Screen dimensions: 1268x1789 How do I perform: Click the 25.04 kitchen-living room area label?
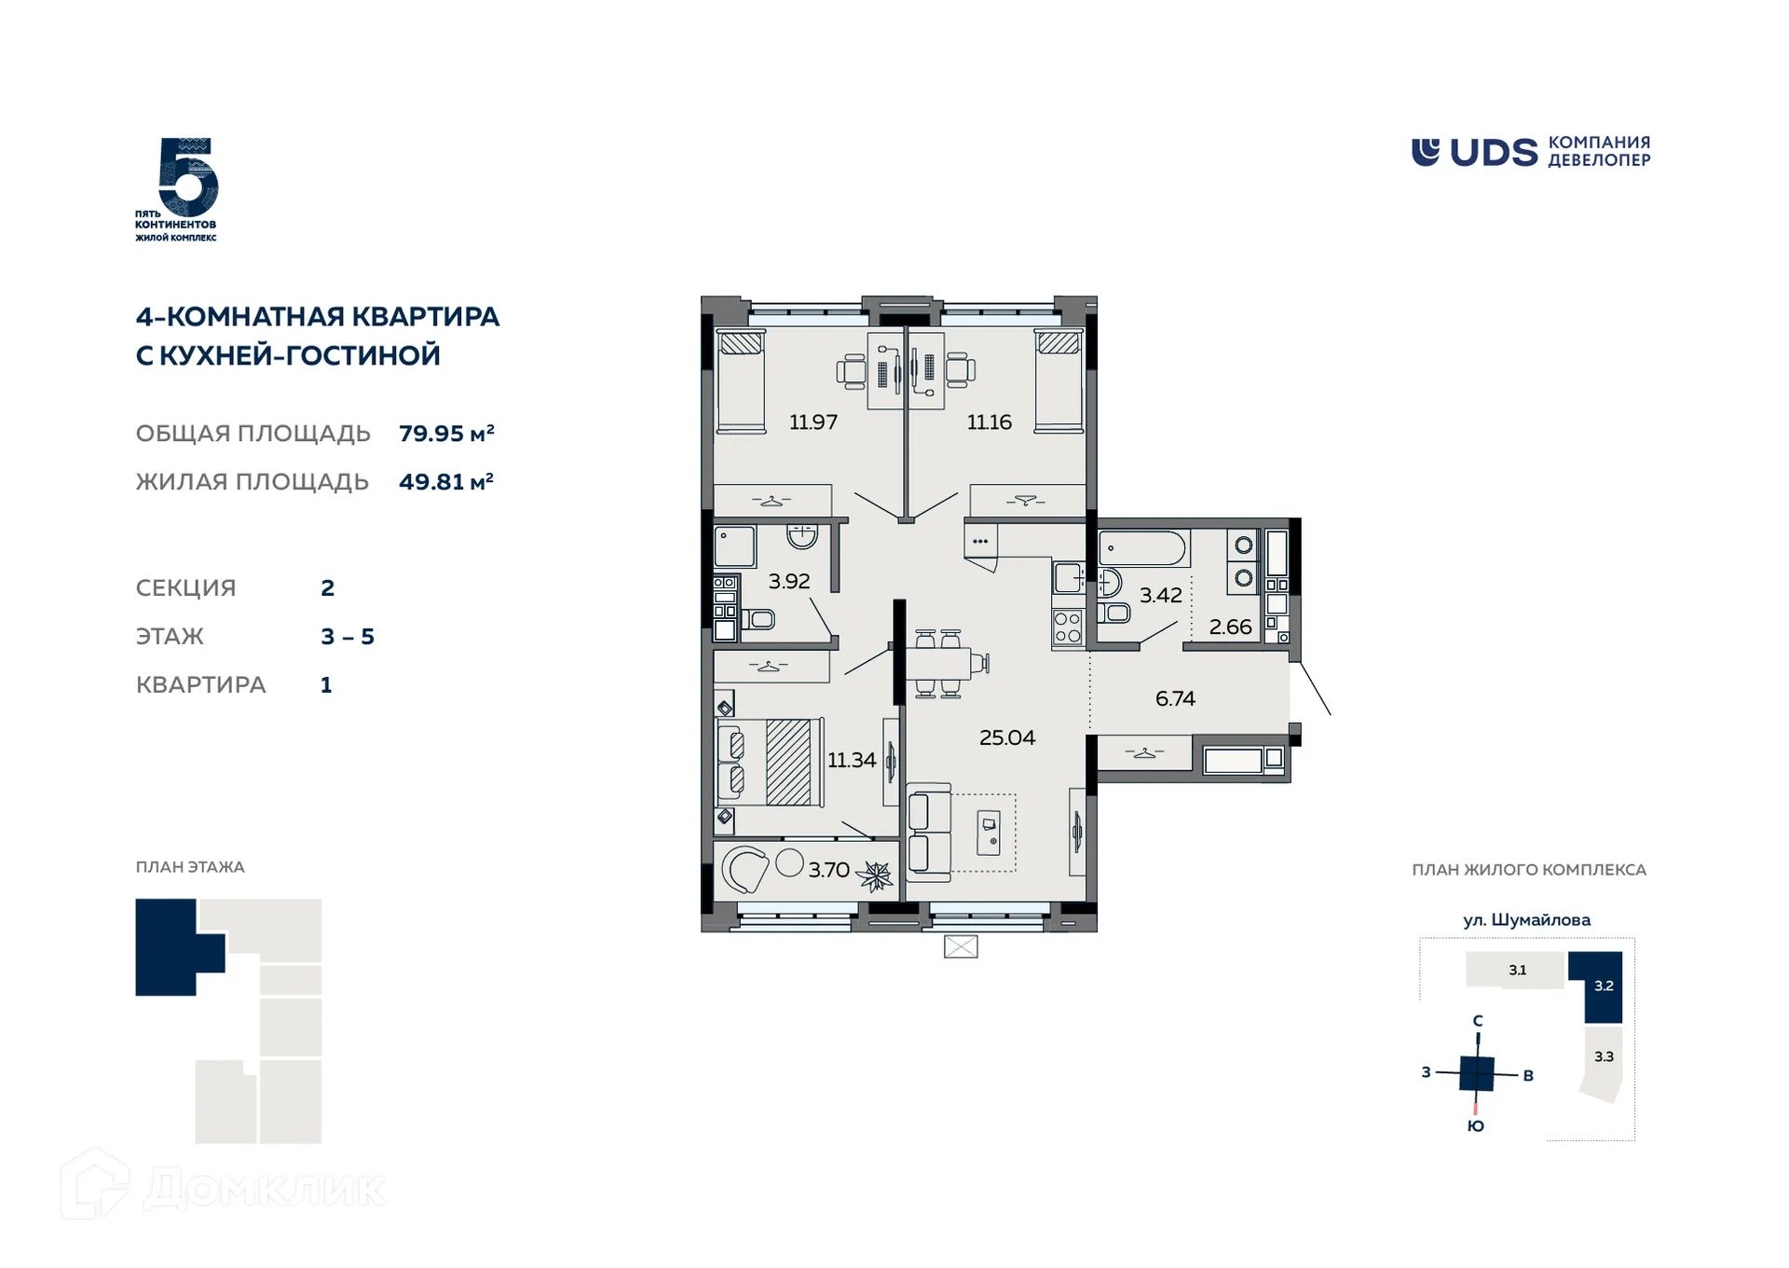click(x=1006, y=737)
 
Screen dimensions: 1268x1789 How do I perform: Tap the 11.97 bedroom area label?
click(x=813, y=422)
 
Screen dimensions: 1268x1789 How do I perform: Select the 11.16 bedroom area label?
click(x=989, y=422)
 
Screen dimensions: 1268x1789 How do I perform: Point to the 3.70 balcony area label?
click(x=828, y=870)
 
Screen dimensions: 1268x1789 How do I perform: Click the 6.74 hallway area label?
click(x=1174, y=698)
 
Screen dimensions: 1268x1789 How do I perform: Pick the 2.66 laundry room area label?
click(x=1230, y=627)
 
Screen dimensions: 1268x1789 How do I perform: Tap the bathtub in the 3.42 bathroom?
click(x=1143, y=548)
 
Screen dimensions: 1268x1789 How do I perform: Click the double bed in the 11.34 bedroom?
click(x=771, y=762)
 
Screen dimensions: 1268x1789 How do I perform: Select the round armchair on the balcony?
click(x=744, y=870)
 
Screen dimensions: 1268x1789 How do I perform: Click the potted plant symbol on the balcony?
click(x=875, y=875)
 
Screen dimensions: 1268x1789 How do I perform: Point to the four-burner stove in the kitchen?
click(x=1068, y=627)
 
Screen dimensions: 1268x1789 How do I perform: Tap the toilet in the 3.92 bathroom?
click(x=758, y=619)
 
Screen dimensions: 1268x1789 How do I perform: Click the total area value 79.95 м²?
click(x=446, y=434)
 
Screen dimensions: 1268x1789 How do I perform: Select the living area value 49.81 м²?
click(x=445, y=482)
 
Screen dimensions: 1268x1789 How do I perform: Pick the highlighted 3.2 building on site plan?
click(x=1603, y=986)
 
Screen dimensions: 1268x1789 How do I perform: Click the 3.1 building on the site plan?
click(x=1517, y=970)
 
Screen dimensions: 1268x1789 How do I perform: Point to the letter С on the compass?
click(x=1478, y=1021)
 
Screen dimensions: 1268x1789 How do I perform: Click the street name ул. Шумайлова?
click(x=1526, y=920)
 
